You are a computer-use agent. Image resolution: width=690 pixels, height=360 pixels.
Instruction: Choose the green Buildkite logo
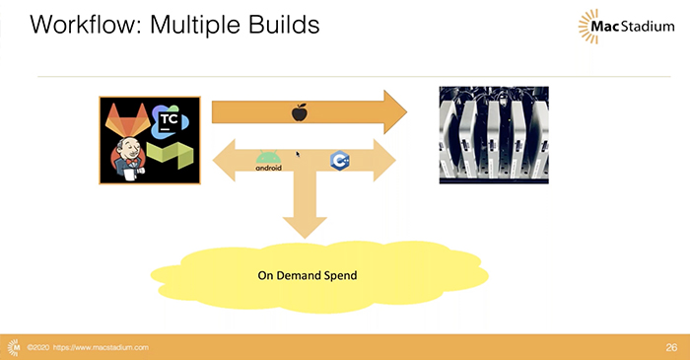(172, 158)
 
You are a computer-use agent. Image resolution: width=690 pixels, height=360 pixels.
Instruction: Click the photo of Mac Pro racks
(493, 133)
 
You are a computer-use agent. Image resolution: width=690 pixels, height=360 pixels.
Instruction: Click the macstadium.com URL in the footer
(102, 348)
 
